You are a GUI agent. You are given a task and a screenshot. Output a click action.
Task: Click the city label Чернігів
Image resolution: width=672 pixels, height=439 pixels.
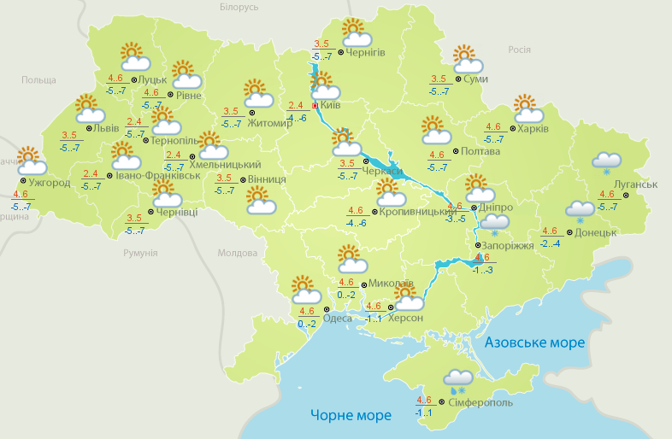click(x=367, y=52)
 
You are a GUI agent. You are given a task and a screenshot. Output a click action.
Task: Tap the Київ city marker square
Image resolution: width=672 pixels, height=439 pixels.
click(x=315, y=106)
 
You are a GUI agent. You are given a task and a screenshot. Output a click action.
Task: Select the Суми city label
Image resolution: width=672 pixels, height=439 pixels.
click(x=475, y=79)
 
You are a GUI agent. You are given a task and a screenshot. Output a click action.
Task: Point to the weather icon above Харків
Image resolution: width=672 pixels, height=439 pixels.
click(x=528, y=108)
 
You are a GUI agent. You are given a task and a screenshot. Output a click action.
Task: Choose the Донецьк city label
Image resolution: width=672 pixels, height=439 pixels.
click(x=597, y=231)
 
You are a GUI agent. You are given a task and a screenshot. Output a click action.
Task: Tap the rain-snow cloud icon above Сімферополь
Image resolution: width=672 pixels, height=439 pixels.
click(x=458, y=379)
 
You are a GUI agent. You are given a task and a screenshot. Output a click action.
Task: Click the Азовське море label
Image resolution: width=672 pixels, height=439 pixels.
click(x=534, y=342)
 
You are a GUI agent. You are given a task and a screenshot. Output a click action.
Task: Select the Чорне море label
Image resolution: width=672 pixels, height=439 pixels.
click(x=351, y=415)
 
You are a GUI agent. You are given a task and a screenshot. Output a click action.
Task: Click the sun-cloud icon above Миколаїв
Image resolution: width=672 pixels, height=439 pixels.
click(x=351, y=258)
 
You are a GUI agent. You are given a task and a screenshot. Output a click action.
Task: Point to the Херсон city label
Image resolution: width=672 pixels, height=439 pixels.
click(x=405, y=318)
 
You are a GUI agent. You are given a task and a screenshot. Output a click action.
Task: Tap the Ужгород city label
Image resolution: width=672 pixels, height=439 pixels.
click(x=49, y=183)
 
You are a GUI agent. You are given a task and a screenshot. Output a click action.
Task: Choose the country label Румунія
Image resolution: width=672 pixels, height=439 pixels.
click(x=140, y=253)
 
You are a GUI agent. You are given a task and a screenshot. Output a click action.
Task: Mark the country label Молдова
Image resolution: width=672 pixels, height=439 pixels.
click(x=237, y=253)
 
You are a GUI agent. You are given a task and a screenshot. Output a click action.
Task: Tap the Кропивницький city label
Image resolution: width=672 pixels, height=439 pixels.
click(x=416, y=210)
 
